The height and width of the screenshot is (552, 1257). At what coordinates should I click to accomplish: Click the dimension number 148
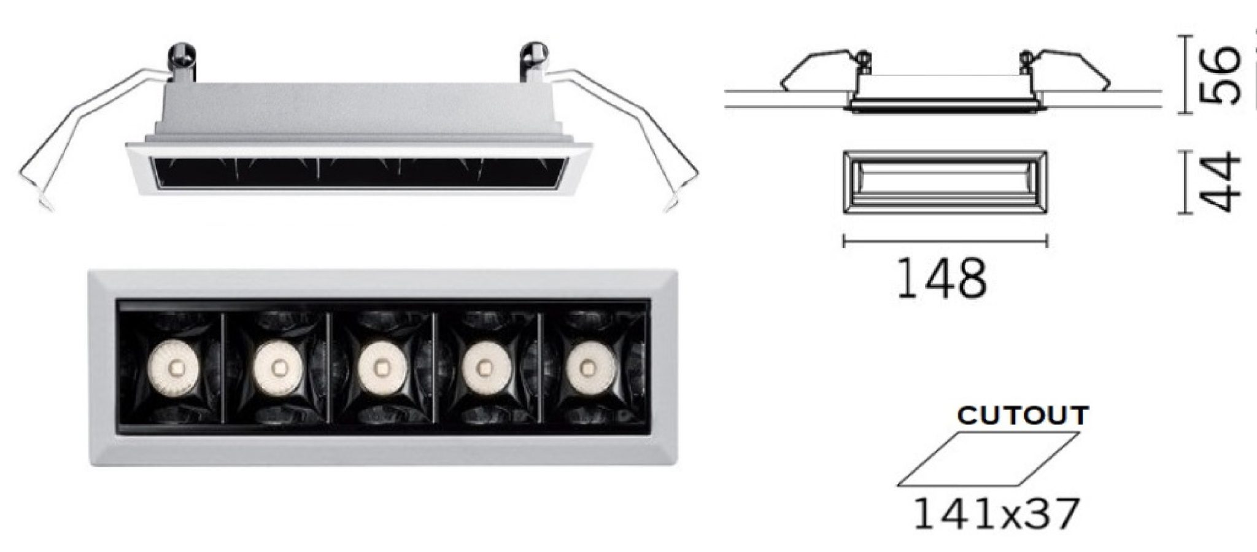942,279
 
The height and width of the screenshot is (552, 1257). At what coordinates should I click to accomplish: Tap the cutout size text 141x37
996,513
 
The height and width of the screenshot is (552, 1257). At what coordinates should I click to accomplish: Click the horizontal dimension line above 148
945,241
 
